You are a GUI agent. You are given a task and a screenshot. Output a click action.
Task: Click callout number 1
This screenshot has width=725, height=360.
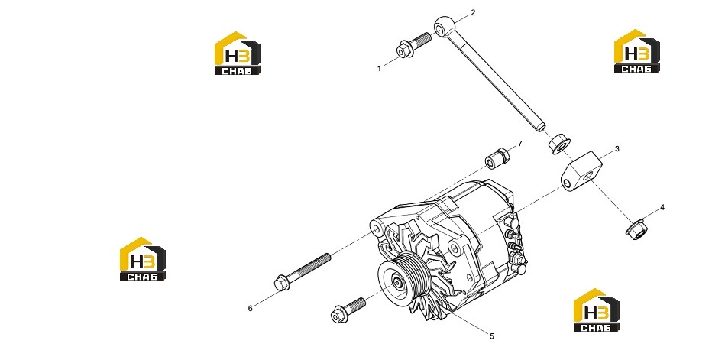point(379,69)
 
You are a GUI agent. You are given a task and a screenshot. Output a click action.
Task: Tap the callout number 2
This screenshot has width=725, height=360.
point(473,12)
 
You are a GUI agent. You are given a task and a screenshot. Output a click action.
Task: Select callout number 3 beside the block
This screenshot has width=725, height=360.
point(617,149)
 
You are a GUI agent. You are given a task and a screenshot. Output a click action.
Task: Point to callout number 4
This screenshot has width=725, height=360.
point(662,208)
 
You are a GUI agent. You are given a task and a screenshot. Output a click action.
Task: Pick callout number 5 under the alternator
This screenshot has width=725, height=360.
point(492,336)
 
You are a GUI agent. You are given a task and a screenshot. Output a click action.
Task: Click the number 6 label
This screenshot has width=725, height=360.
point(250,308)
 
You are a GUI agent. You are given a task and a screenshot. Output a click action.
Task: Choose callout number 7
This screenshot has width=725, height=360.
point(519,144)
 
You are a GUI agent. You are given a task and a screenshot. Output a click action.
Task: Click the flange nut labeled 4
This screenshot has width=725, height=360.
point(636,230)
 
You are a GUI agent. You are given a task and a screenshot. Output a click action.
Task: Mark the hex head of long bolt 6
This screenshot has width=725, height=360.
point(282,283)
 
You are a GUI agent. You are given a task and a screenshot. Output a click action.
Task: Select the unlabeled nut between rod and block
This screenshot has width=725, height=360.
point(559,143)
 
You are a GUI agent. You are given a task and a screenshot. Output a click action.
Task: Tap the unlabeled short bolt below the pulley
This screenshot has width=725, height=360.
point(348,310)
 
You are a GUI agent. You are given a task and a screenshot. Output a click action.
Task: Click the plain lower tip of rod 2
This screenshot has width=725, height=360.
point(542,127)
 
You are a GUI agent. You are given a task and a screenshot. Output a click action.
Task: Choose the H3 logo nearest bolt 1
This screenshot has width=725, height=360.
point(237,53)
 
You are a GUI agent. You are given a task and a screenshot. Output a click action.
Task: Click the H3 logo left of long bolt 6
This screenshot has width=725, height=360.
point(142,258)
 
